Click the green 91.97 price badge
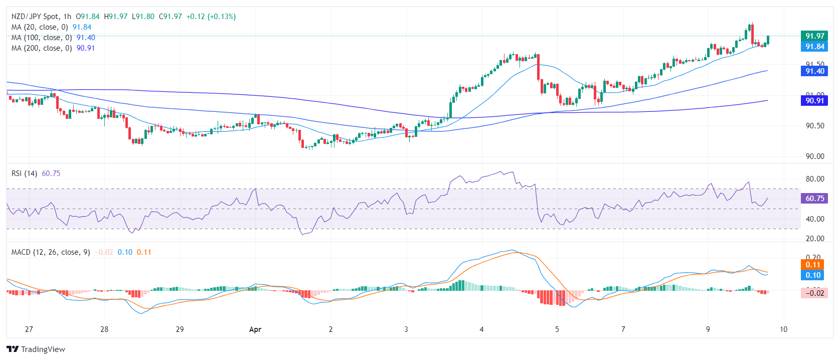point(814,36)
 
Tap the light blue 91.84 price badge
point(814,46)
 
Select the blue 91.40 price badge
point(814,71)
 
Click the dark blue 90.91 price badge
point(814,100)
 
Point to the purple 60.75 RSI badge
point(814,198)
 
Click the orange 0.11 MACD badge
point(813,264)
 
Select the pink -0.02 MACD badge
point(814,293)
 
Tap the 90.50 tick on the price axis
point(815,125)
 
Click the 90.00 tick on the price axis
point(815,156)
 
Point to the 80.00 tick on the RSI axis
point(815,178)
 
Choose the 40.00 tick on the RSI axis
point(815,219)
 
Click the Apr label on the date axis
point(255,329)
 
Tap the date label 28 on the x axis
point(104,329)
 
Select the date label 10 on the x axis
point(783,329)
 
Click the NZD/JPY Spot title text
point(34,17)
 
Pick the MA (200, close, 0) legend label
point(42,48)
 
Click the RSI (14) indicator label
point(25,173)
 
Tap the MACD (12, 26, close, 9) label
point(51,252)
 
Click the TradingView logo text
point(43,349)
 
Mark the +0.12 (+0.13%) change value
point(211,17)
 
